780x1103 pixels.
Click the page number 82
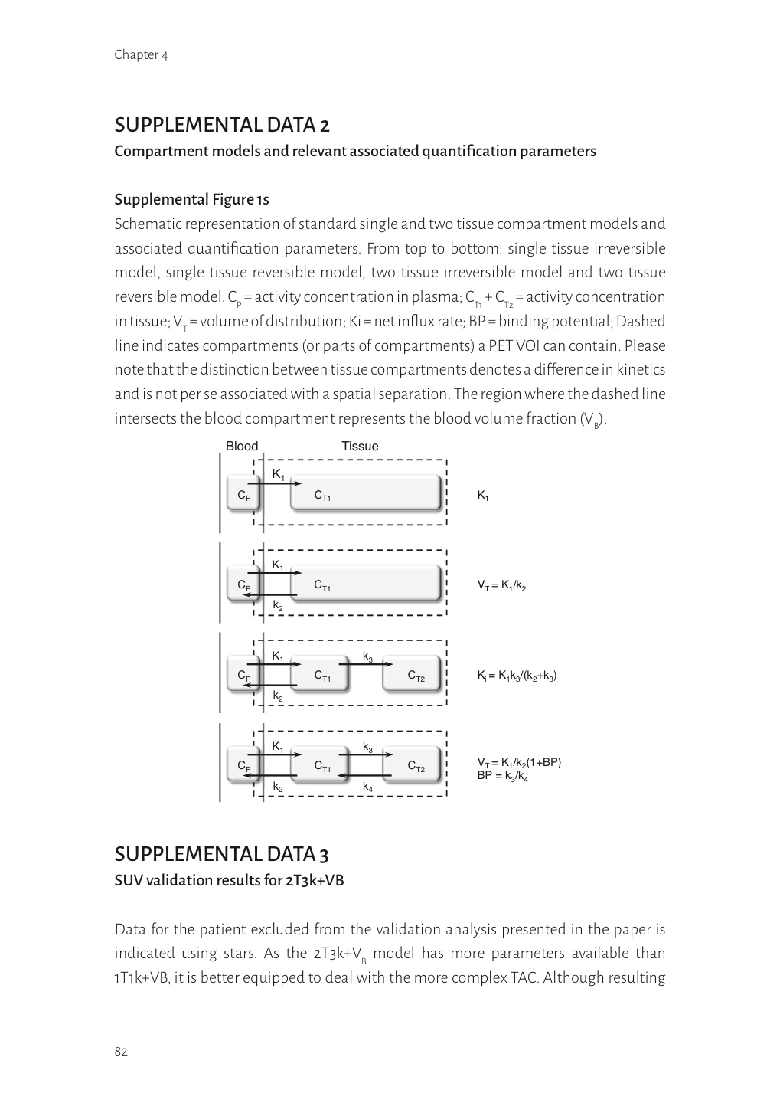[x=121, y=1051]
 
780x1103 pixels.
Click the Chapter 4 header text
[x=141, y=54]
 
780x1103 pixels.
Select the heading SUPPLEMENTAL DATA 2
[x=222, y=124]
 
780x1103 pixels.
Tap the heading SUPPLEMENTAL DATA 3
[x=222, y=854]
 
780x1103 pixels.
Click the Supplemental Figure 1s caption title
[x=191, y=200]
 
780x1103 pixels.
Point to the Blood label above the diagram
[x=242, y=447]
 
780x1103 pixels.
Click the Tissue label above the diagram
[x=360, y=447]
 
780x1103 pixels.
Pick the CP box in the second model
[x=243, y=585]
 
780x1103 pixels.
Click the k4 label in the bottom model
[x=367, y=787]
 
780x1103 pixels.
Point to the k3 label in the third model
[x=367, y=656]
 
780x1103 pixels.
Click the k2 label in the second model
[x=278, y=605]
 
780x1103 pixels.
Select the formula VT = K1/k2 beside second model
[x=501, y=586]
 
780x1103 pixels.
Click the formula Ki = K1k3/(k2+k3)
[x=517, y=676]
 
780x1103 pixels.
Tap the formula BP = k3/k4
[x=502, y=776]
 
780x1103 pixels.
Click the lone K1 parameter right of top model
[x=482, y=496]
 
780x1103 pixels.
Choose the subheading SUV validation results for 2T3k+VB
[x=229, y=881]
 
